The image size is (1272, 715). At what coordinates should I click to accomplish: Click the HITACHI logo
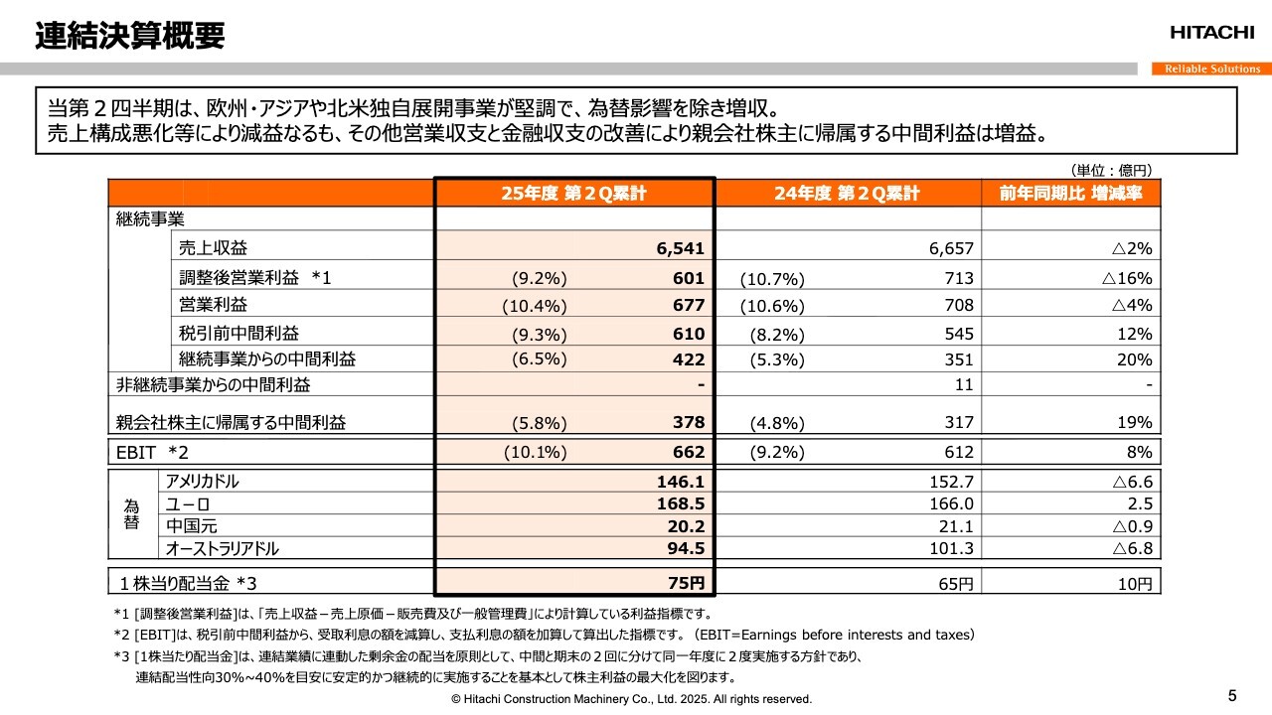[x=1211, y=33]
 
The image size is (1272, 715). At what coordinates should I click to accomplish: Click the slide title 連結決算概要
[x=129, y=37]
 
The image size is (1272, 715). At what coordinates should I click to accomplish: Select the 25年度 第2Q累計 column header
[x=574, y=194]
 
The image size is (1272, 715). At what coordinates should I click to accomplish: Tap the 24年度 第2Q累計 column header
[x=847, y=194]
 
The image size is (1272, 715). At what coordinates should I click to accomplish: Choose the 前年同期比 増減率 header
[x=1070, y=194]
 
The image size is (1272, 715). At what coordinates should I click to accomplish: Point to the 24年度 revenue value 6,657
[x=951, y=248]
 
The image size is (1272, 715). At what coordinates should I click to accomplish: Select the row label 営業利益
[x=214, y=305]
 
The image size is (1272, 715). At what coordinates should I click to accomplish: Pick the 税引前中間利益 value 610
[x=688, y=334]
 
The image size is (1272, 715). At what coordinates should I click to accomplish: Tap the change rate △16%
[x=1126, y=278]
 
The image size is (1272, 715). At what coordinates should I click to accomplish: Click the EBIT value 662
[x=688, y=453]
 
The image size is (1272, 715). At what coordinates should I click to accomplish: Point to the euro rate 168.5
[x=682, y=503]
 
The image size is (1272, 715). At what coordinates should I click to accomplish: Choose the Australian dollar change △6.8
[x=1132, y=549]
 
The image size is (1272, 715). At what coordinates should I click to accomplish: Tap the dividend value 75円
[x=685, y=583]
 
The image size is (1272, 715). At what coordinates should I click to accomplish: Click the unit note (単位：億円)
[x=1111, y=170]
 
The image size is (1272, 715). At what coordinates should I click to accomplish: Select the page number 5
[x=1233, y=694]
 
